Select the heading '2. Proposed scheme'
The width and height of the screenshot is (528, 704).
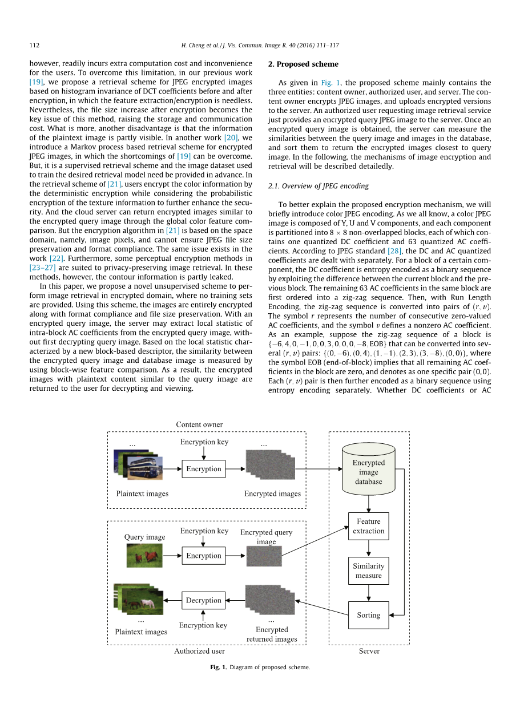pos(303,64)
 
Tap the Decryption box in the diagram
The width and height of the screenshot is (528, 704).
pos(203,600)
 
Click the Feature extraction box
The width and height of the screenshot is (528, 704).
pos(368,526)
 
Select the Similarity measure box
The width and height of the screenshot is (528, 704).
pos(368,571)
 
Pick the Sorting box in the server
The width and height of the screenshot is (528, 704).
pos(368,615)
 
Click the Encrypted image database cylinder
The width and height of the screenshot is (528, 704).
pos(368,472)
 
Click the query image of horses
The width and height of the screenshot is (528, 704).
pos(144,555)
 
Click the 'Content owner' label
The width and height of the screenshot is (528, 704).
pos(199,424)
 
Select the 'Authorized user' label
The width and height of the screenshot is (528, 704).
pos(199,651)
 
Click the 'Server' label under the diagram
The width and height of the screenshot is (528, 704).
pos(369,651)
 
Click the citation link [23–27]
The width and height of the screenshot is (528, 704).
pos(42,267)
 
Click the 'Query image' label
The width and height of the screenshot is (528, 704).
pos(144,537)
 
